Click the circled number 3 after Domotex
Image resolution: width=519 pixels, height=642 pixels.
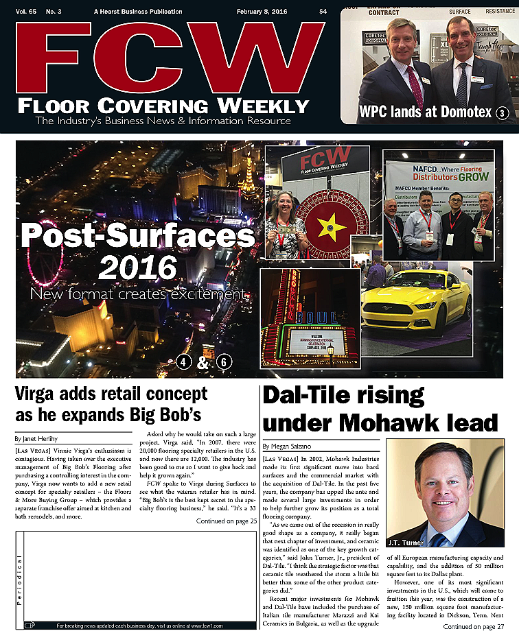click(502, 114)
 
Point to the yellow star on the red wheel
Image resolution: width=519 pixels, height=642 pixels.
click(321, 224)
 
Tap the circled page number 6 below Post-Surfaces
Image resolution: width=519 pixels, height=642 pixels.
click(224, 363)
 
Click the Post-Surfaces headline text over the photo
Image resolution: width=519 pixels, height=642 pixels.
click(137, 237)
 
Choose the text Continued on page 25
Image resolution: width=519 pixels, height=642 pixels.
click(226, 521)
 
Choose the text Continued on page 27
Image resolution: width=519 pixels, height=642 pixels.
click(473, 626)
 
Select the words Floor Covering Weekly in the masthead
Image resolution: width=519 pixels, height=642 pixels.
click(163, 106)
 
